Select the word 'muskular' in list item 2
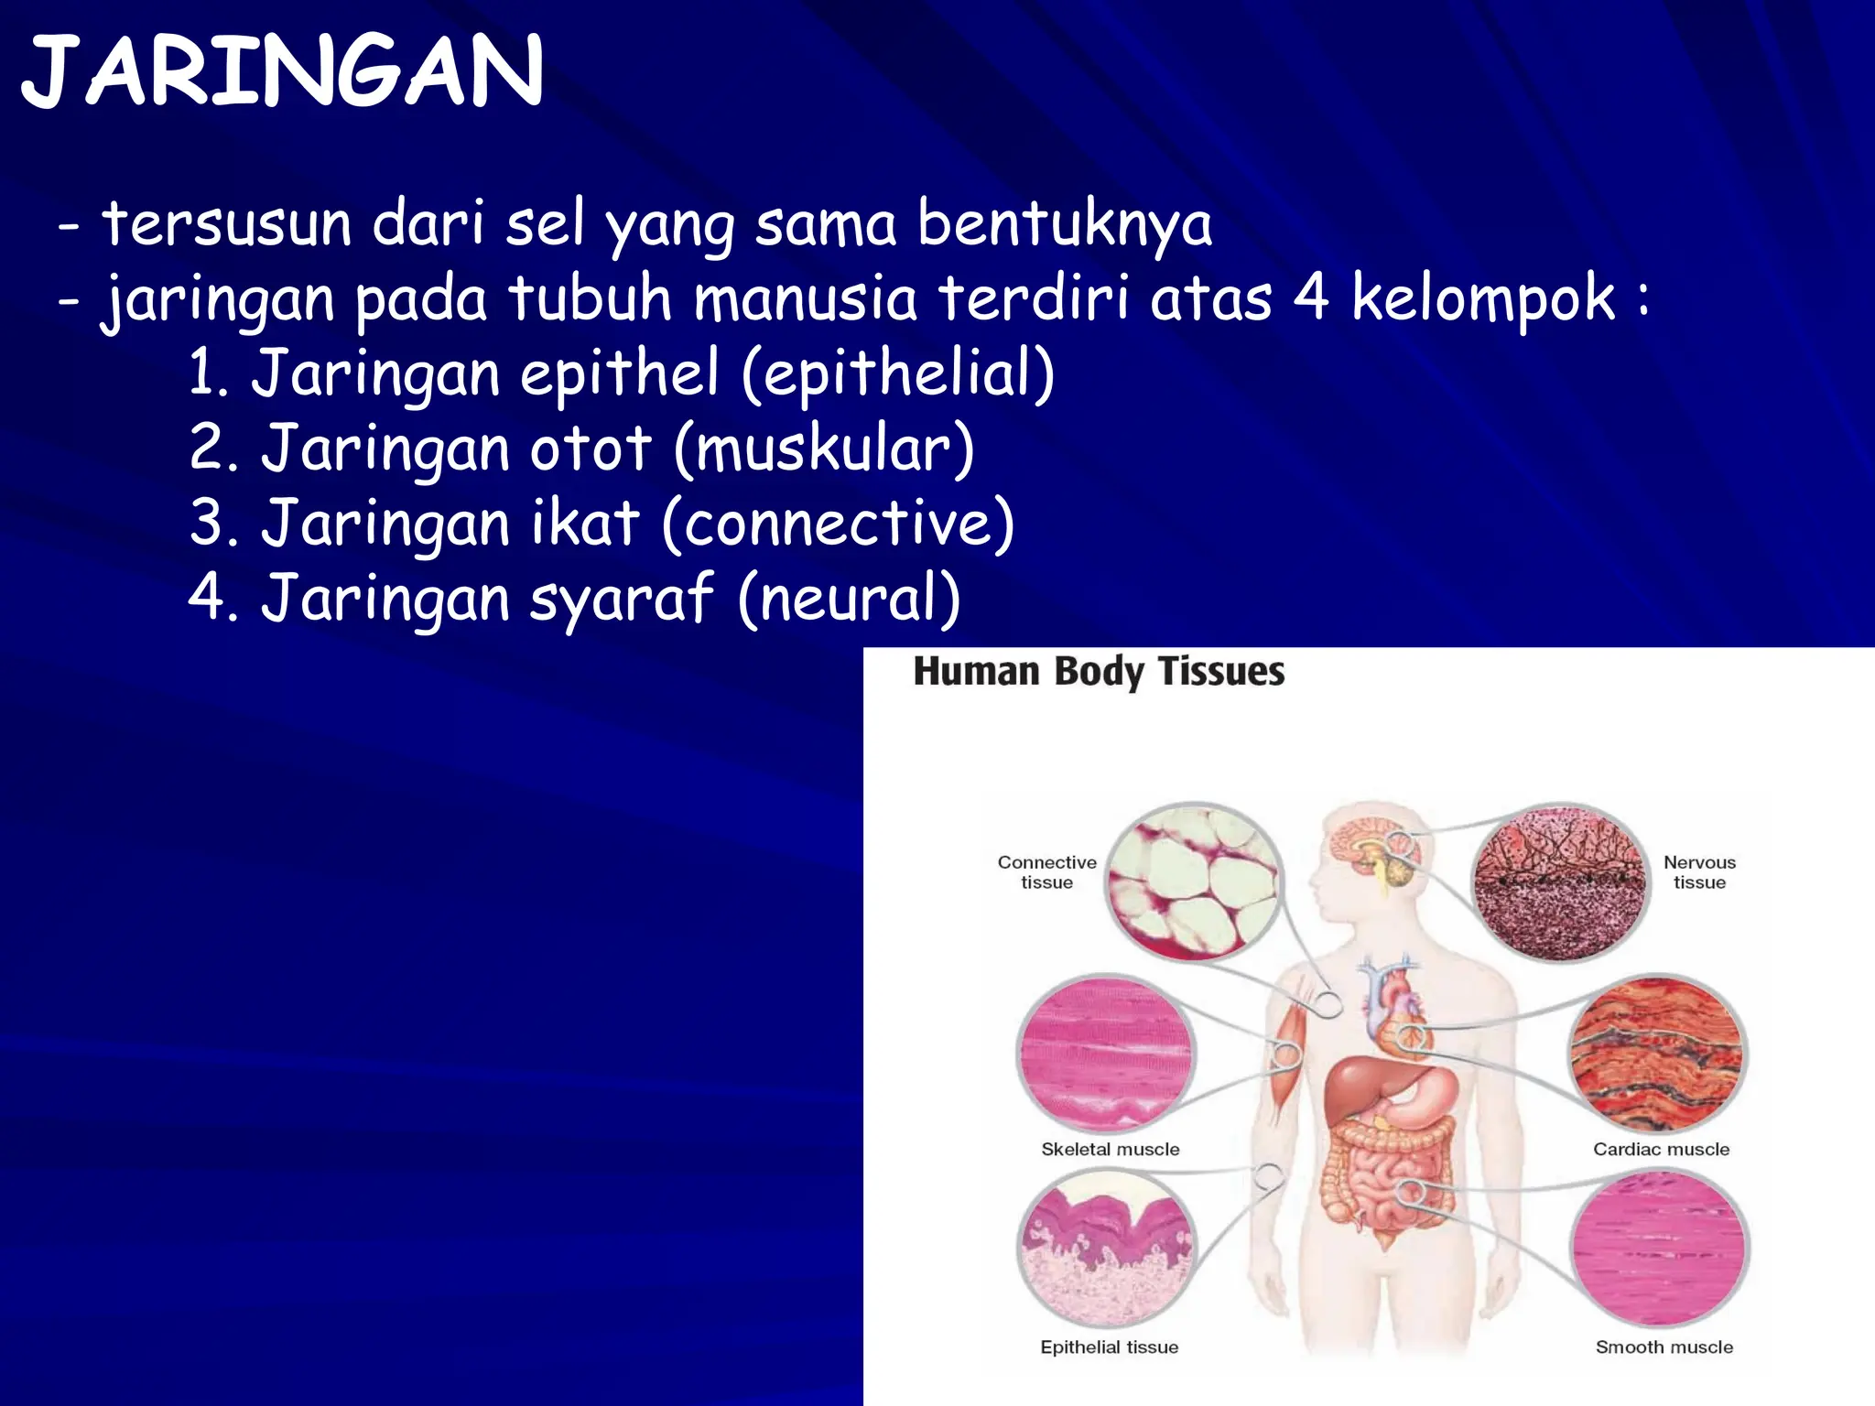coord(824,449)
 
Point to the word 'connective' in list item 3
coord(837,524)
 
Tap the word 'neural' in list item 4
coord(849,599)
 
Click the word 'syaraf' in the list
coord(621,599)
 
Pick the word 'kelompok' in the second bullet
coord(1483,299)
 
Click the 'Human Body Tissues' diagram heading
coord(1099,672)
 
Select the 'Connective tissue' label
coord(1046,872)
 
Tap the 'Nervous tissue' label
coord(1699,872)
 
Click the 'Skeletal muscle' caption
coord(1110,1150)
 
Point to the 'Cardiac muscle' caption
coord(1661,1150)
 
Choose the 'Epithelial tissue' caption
coord(1109,1347)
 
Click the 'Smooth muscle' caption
coord(1664,1347)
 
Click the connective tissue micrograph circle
coord(1192,881)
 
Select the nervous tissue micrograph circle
coord(1560,883)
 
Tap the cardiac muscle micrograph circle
coord(1658,1054)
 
